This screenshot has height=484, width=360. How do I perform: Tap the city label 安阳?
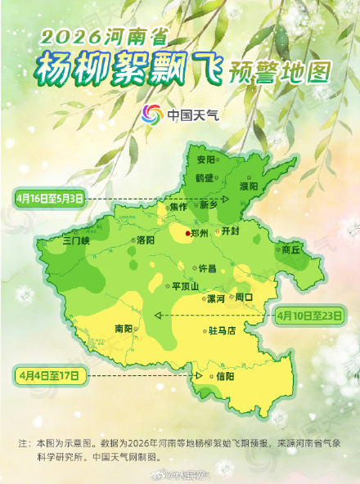click(x=205, y=159)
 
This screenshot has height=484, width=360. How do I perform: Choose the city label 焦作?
click(x=179, y=206)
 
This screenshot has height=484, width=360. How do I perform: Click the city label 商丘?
click(x=291, y=249)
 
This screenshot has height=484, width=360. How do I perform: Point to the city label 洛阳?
click(x=146, y=240)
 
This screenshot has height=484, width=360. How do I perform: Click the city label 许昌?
click(x=208, y=268)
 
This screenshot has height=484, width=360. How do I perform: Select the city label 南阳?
click(x=124, y=328)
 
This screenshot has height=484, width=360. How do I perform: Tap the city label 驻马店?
click(x=222, y=331)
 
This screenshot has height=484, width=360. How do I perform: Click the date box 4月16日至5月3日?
click(x=50, y=198)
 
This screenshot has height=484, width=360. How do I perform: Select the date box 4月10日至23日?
click(x=311, y=314)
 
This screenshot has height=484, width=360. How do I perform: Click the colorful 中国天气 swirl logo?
click(x=152, y=114)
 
